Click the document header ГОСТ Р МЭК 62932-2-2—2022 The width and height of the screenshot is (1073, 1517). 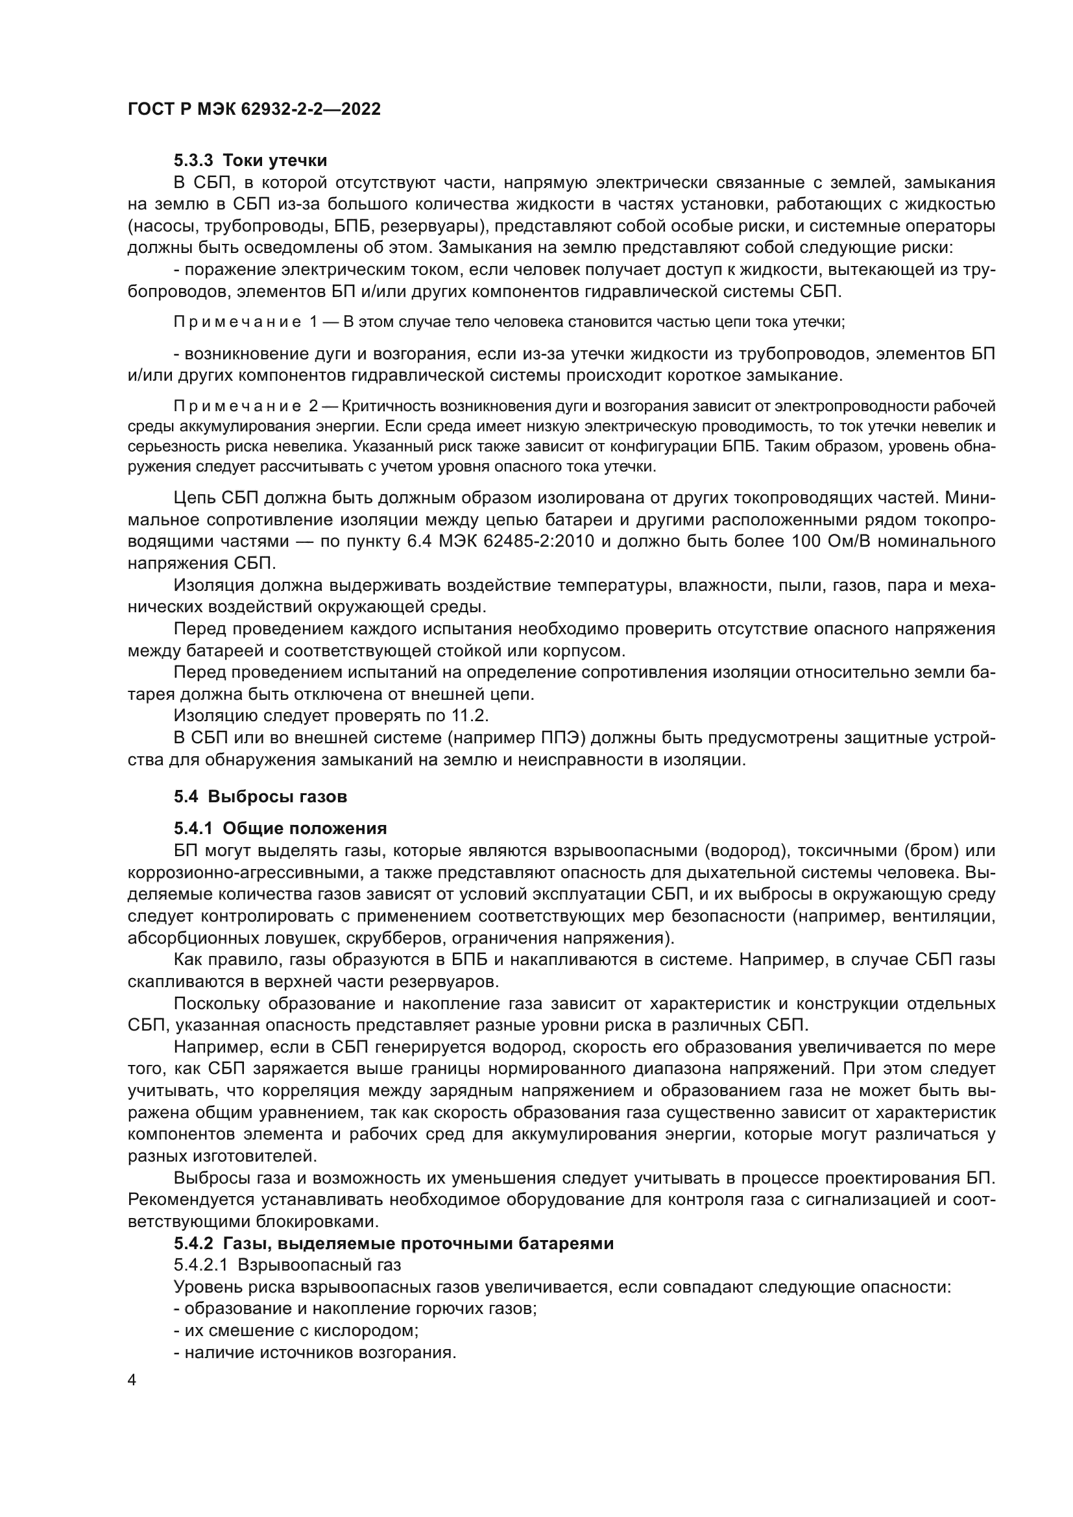pyautogui.click(x=254, y=109)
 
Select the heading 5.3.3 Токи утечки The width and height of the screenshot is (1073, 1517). pyautogui.click(x=250, y=161)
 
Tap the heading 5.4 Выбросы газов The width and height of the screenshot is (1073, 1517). pyautogui.click(x=260, y=796)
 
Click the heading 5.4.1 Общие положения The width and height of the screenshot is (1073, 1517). pyautogui.click(x=280, y=828)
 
